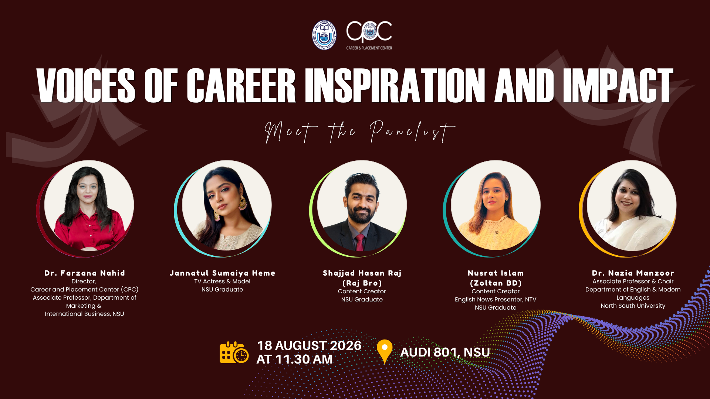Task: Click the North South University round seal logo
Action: coord(324,35)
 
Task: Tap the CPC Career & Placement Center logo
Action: coord(369,35)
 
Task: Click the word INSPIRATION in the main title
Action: coord(395,85)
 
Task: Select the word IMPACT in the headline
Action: coord(618,85)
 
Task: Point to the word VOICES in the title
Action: coord(86,85)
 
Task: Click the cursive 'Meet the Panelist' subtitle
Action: coord(359,132)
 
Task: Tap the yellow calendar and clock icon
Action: coord(234,352)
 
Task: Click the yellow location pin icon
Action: coord(385,352)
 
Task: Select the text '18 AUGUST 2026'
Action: coord(309,345)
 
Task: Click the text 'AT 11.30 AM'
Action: coord(295,359)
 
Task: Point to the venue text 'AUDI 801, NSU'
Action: coord(445,352)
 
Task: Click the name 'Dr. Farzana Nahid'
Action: coord(85,273)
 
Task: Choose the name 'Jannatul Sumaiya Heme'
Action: coord(222,273)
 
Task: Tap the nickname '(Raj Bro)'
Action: coord(362,283)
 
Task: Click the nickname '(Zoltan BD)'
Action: coord(496,283)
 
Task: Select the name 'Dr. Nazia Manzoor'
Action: coord(633,273)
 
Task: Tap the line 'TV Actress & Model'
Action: coord(222,282)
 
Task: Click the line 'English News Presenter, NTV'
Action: coord(496,300)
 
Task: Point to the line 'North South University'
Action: coord(633,306)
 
